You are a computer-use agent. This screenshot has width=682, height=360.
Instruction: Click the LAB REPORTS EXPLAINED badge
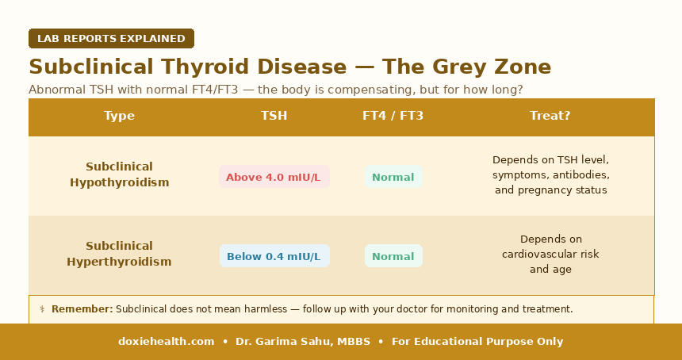point(111,38)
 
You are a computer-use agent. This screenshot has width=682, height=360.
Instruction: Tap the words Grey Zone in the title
point(492,67)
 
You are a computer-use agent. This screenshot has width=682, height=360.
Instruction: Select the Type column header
point(119,116)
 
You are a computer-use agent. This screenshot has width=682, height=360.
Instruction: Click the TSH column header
point(274,116)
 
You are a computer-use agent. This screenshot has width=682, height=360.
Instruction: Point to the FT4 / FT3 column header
point(393,116)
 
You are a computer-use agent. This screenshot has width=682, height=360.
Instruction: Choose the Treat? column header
point(550,116)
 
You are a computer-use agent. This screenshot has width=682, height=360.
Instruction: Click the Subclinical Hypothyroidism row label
point(119,174)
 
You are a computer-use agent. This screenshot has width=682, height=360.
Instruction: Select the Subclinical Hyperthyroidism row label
point(119,254)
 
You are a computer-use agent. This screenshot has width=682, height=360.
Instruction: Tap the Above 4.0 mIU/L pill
point(274,177)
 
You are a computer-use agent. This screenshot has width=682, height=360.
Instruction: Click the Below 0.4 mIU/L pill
point(274,256)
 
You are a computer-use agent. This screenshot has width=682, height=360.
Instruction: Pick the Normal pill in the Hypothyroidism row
point(393,177)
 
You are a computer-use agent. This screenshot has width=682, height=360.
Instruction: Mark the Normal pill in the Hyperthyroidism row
point(393,256)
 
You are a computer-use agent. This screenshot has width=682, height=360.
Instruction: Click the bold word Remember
point(82,309)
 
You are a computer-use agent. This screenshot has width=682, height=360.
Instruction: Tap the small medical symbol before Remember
point(42,309)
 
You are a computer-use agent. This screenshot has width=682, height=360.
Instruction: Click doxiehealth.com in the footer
point(167,342)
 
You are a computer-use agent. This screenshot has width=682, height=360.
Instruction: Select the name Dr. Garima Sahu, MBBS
point(303,342)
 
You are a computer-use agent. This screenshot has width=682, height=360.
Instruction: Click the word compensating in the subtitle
point(370,90)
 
